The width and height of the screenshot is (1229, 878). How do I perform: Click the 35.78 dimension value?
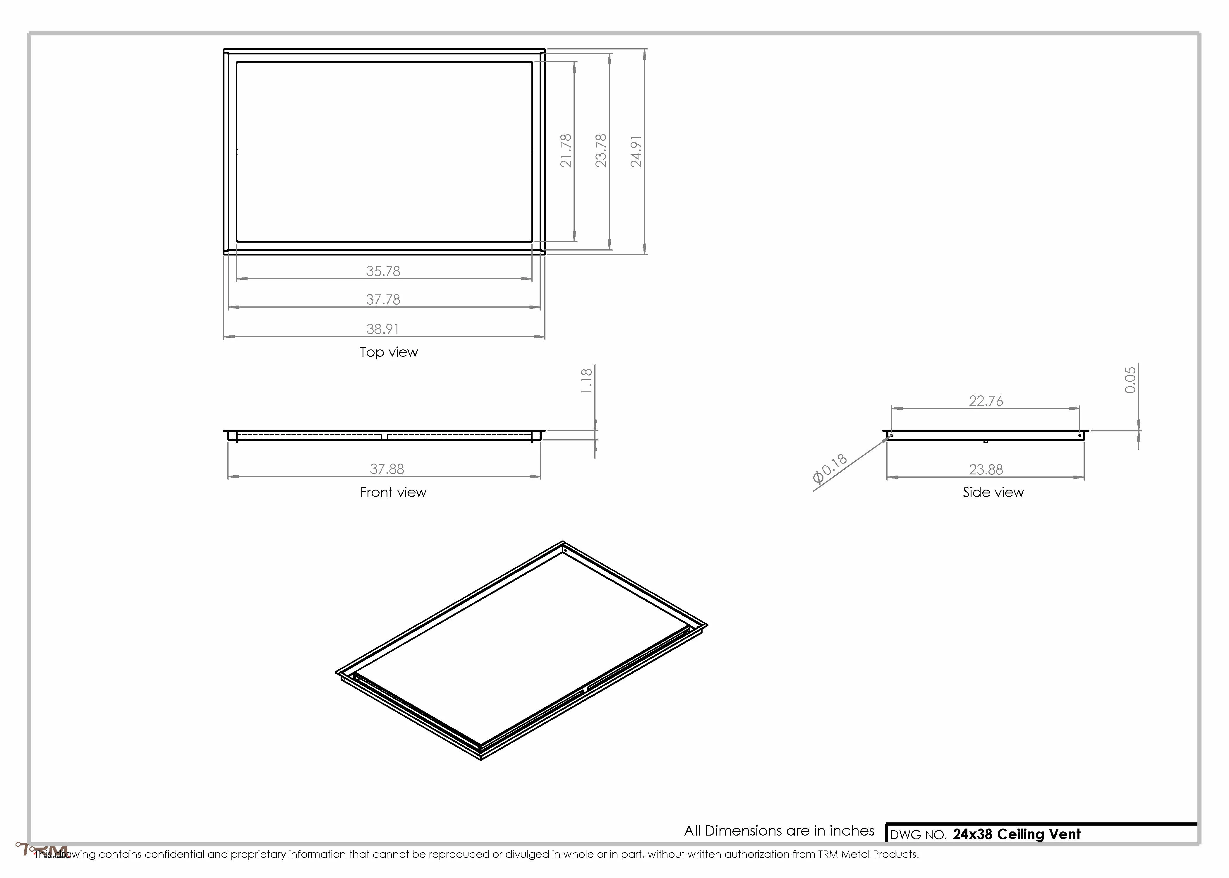(x=383, y=271)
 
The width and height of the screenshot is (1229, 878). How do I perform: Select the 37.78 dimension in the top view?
(x=383, y=299)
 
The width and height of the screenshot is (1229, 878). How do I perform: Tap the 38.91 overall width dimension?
(x=383, y=329)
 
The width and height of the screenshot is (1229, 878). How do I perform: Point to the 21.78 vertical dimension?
(x=565, y=150)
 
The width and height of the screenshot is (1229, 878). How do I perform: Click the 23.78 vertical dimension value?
(x=601, y=150)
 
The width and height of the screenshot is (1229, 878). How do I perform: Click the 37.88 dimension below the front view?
(x=387, y=469)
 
